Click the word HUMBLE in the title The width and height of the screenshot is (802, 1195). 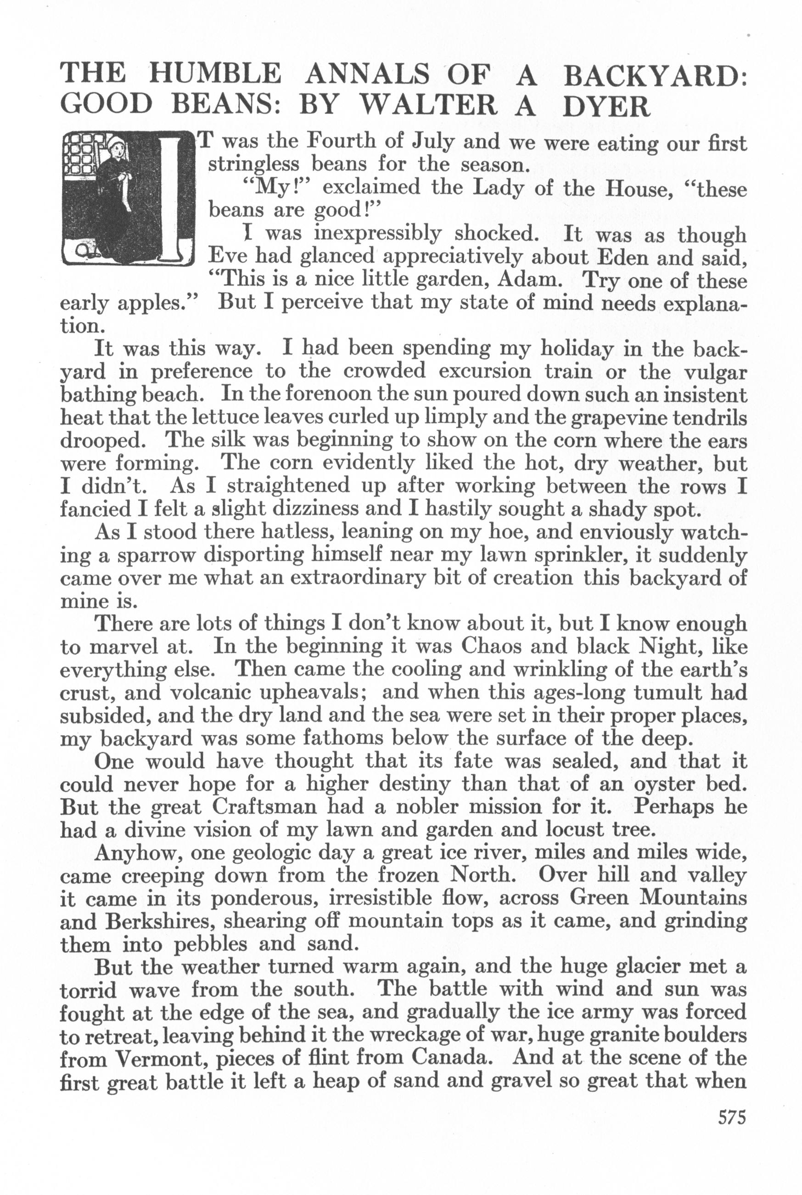point(214,73)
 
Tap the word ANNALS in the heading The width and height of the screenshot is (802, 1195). point(367,73)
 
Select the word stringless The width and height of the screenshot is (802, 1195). point(256,165)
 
